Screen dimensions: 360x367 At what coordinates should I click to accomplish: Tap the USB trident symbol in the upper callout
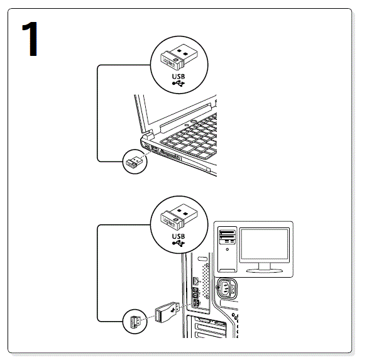tap(178, 83)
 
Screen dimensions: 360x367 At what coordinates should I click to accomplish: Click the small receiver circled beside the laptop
tap(134, 163)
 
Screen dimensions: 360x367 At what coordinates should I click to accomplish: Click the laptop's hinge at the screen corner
tap(148, 134)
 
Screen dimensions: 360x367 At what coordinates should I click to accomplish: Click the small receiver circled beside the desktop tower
tap(134, 322)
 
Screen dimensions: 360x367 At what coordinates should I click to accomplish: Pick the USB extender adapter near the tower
tap(167, 311)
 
